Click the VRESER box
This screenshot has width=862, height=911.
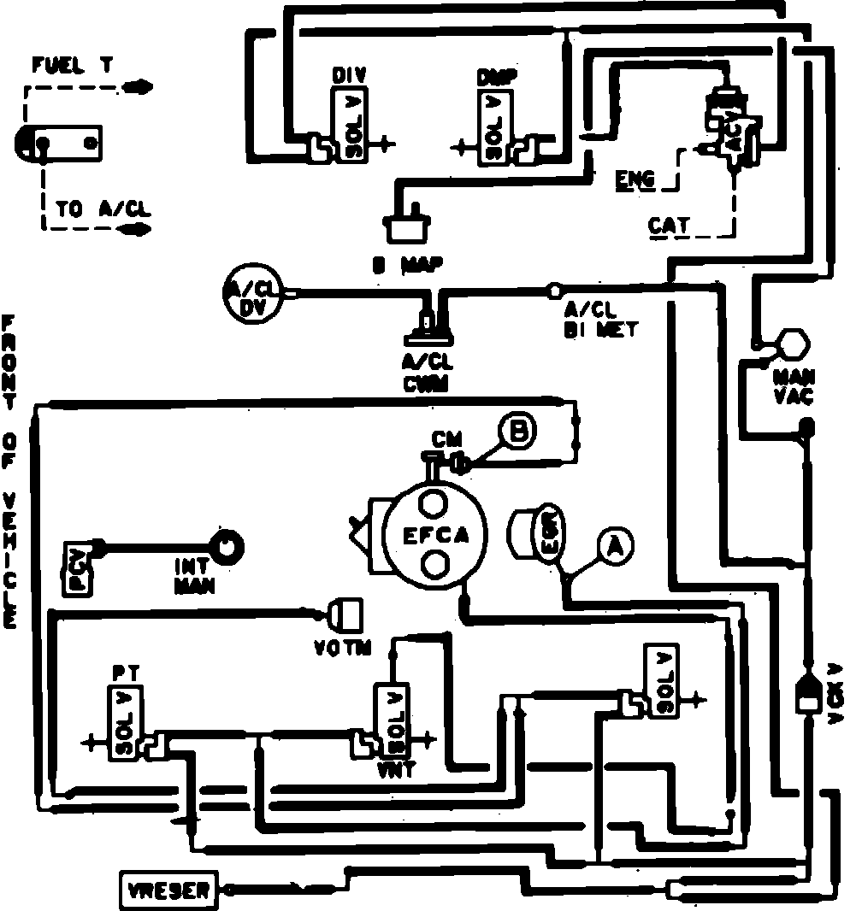169,890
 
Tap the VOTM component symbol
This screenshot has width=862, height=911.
346,613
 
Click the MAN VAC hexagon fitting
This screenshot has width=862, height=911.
792,344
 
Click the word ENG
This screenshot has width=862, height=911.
635,179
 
